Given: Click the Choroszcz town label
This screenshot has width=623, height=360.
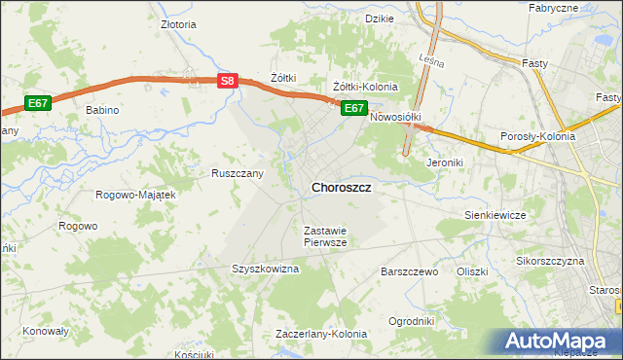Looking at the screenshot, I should (341, 187).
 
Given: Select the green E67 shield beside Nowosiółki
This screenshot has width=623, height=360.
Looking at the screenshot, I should (353, 108).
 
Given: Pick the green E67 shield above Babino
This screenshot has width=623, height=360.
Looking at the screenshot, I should (38, 103).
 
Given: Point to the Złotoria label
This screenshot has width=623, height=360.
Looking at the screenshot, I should (179, 25).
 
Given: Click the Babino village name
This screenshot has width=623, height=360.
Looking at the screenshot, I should (102, 110).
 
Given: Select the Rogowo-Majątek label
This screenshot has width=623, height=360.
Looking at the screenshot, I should (135, 195).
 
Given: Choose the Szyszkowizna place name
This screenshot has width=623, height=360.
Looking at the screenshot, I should (264, 269).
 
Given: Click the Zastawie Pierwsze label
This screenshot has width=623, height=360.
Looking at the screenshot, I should (325, 236).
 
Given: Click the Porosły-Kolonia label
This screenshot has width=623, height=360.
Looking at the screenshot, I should (536, 136).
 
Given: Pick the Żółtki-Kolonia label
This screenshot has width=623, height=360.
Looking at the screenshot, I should (365, 87).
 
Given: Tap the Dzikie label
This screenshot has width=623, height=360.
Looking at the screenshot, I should (379, 18).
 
